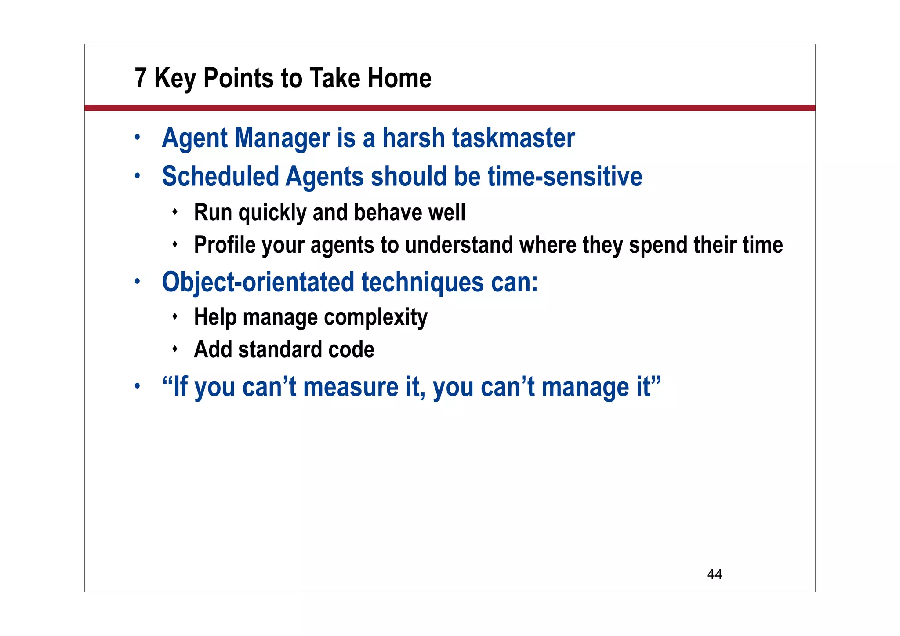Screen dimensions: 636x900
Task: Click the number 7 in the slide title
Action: [x=140, y=78]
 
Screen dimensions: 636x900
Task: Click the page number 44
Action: [x=714, y=574]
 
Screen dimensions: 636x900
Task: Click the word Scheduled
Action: [x=221, y=177]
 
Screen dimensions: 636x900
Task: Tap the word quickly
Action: [x=272, y=213]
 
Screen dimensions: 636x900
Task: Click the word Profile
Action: [x=225, y=245]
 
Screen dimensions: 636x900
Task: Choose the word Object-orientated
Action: [x=258, y=282]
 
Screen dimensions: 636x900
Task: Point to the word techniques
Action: [x=422, y=282]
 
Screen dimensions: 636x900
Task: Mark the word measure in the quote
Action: [x=351, y=387]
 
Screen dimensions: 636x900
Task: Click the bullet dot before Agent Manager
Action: [x=138, y=138]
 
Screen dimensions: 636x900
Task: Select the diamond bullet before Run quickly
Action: [x=175, y=212]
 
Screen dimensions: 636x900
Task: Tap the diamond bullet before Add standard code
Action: [x=175, y=349]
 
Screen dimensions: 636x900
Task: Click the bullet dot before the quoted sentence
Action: [x=138, y=386]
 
